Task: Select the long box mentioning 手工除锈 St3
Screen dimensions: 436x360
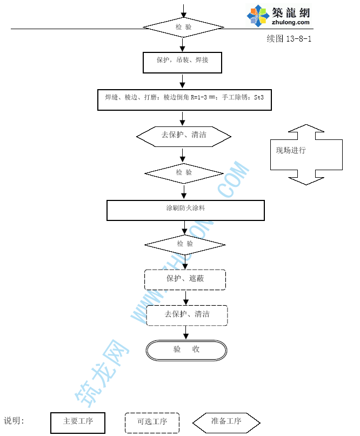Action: click(x=184, y=99)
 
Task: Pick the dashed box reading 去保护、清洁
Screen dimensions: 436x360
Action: click(x=187, y=315)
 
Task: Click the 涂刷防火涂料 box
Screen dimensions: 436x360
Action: click(x=185, y=210)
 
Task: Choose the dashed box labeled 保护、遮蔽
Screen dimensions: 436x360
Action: click(x=185, y=280)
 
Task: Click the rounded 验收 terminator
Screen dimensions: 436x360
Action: click(x=186, y=350)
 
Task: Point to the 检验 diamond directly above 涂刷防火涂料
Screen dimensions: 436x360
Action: click(x=184, y=173)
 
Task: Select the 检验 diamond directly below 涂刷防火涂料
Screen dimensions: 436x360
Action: click(x=184, y=244)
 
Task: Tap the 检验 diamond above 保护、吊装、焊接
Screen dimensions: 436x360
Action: click(x=183, y=26)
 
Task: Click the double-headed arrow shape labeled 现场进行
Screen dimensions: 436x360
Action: click(x=306, y=154)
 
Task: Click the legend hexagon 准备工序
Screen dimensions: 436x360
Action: click(x=226, y=422)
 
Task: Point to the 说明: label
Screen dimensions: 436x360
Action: click(x=15, y=421)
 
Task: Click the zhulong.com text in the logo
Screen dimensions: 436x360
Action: click(x=291, y=23)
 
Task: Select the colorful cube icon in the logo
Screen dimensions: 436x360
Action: click(x=258, y=16)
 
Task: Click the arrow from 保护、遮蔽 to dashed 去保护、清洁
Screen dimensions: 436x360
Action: click(x=186, y=298)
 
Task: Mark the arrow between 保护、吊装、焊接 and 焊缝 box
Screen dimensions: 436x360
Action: click(x=183, y=81)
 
